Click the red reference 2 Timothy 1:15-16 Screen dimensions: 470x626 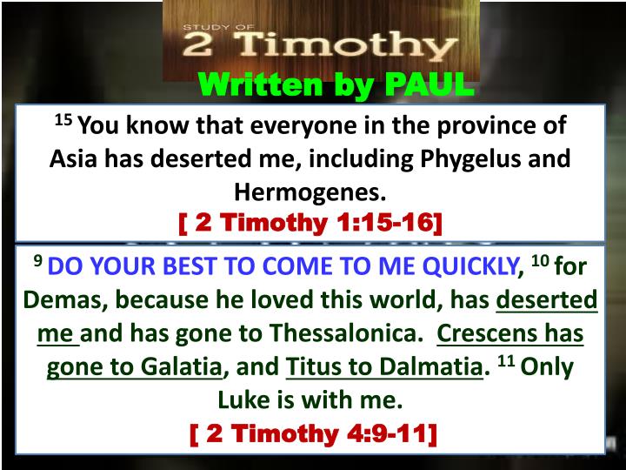[x=310, y=223]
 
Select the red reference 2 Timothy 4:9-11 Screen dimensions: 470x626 [x=312, y=433]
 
